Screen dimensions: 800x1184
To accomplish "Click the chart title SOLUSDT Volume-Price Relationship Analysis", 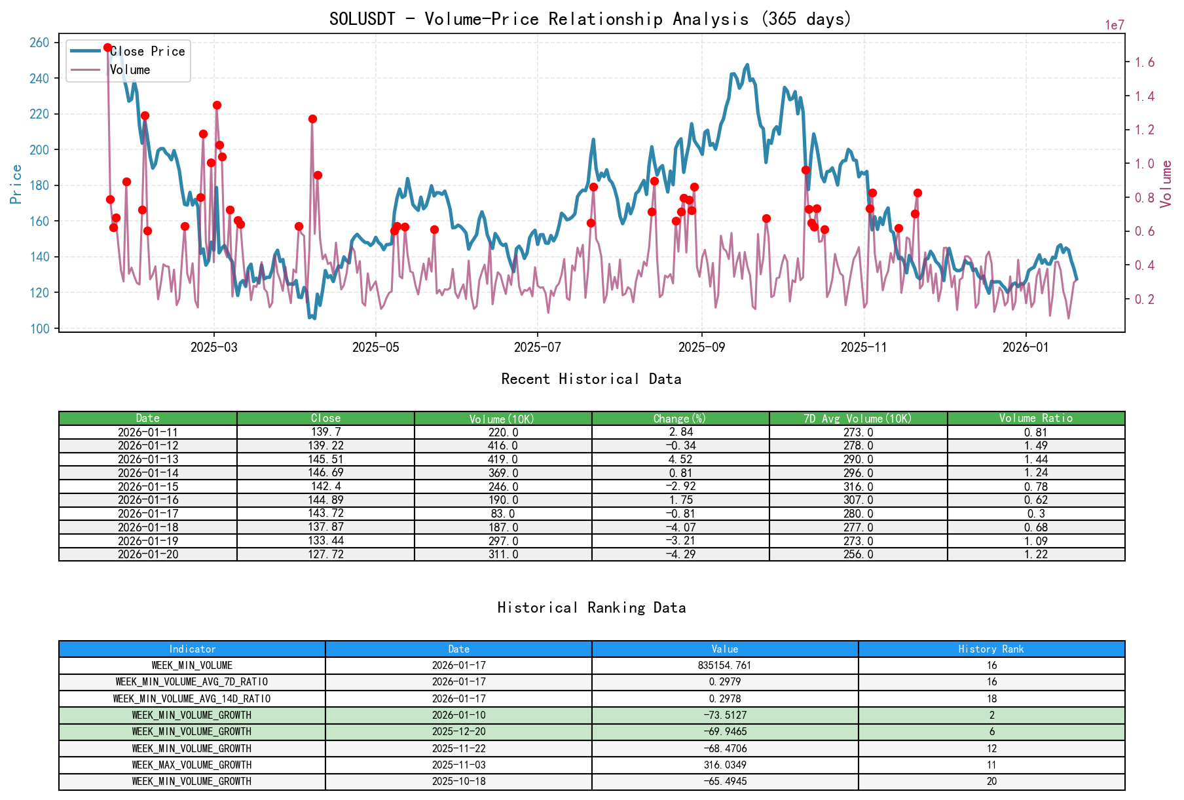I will pos(590,19).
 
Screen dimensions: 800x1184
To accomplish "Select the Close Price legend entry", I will pos(147,51).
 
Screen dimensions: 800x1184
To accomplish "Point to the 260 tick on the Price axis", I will pos(39,43).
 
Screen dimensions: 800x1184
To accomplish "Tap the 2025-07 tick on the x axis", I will pos(536,347).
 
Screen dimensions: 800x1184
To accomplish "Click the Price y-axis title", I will pos(16,184).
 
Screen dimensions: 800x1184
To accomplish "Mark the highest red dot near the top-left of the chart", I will pos(107,48).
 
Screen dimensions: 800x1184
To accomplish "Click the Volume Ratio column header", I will pos(1035,418).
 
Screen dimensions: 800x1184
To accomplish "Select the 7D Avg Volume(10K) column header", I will pos(857,418).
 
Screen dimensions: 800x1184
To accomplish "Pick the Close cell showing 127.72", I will pos(325,554).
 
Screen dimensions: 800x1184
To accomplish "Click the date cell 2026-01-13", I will pos(147,459).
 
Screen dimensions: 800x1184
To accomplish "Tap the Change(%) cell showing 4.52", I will pos(680,459).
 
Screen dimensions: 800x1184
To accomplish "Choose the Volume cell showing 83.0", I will pos(502,514).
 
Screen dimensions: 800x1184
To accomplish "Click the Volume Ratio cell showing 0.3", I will pos(1035,514).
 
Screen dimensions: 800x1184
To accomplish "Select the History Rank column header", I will pos(991,649).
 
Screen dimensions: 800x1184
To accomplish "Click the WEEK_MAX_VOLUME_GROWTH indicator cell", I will pos(192,765).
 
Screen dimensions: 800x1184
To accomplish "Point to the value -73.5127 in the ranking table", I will pos(725,715).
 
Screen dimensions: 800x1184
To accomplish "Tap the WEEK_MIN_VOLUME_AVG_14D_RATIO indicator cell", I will pos(192,698).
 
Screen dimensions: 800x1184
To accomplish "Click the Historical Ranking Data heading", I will pos(591,607).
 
